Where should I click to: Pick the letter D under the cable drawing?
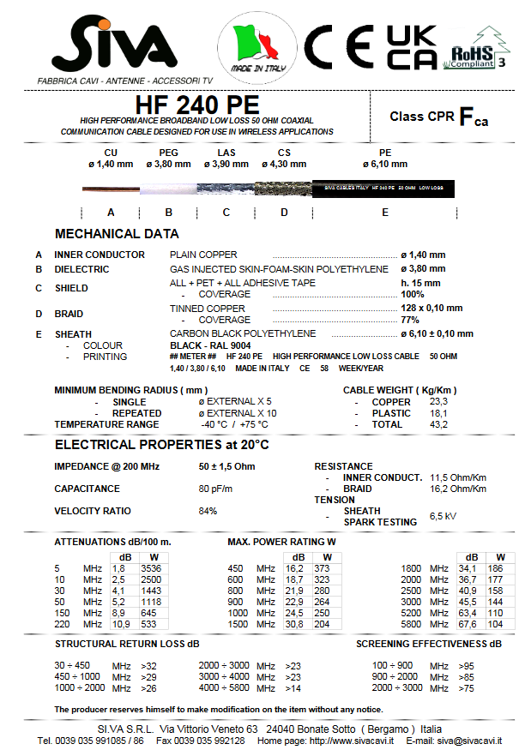click(x=284, y=211)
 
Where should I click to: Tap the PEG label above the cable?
click(x=168, y=153)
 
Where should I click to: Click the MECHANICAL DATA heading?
click(x=117, y=233)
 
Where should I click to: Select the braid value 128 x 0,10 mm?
click(x=431, y=308)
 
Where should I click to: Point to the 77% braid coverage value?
click(x=410, y=320)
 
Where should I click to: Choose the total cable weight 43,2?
click(x=438, y=424)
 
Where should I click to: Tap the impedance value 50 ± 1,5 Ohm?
click(x=226, y=466)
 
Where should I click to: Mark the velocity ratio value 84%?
click(x=208, y=511)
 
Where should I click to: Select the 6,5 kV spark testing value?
click(x=443, y=517)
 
